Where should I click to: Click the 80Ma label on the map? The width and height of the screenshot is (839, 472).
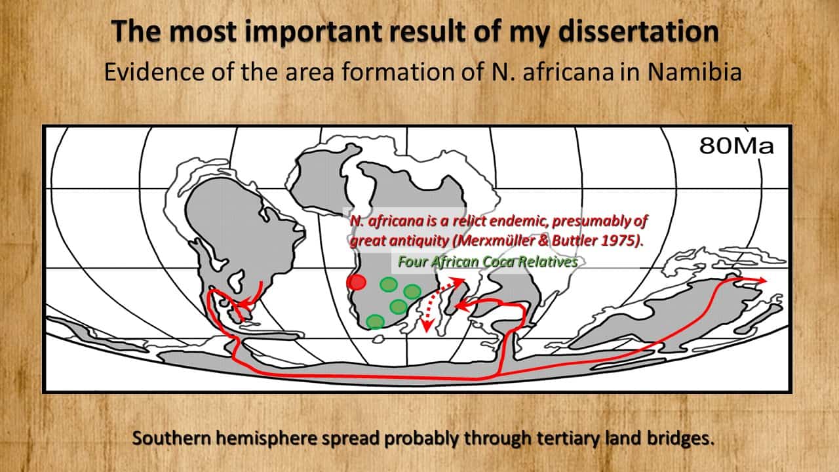pos(736,146)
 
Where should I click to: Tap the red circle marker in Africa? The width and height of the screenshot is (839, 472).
pos(356,282)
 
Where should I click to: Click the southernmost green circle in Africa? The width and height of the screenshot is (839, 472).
pos(375,321)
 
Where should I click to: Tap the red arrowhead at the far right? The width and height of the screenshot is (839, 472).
pos(760,280)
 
